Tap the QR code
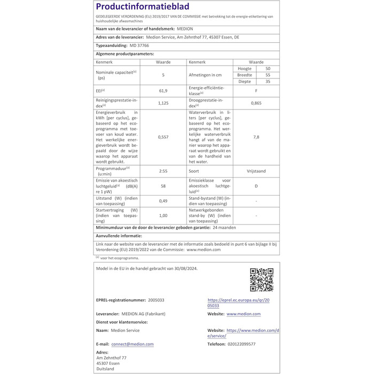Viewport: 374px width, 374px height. (x=261, y=279)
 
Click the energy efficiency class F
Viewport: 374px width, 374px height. (x=256, y=91)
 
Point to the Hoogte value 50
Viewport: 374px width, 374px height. (x=268, y=69)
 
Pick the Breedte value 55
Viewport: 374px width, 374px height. (x=268, y=75)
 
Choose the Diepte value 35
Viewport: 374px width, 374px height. (x=268, y=82)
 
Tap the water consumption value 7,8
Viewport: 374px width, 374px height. (x=256, y=137)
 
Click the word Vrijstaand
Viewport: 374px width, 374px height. (x=256, y=172)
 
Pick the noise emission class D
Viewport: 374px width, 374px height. (x=256, y=185)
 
